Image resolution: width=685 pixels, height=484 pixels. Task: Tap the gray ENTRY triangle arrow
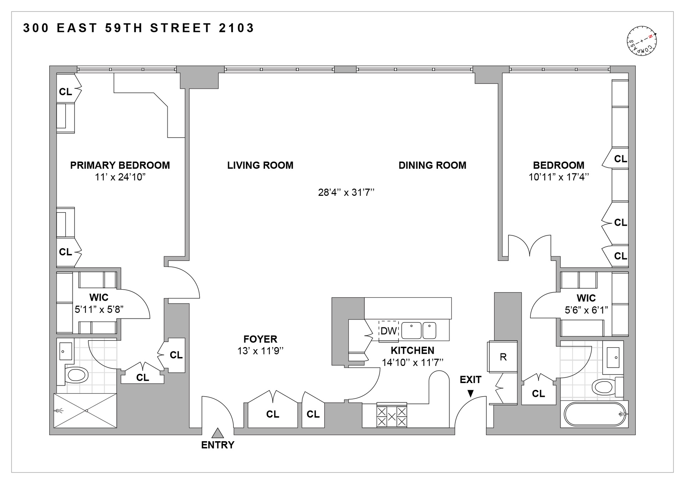coord(218,433)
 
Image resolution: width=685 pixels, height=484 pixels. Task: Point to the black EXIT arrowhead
coord(471,393)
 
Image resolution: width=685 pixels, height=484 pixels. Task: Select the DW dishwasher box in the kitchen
coord(389,331)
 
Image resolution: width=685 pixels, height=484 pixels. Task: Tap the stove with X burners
coord(392,415)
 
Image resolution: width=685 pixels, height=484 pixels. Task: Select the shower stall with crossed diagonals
coord(85,411)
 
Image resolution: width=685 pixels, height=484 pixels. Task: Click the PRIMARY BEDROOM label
coord(120,165)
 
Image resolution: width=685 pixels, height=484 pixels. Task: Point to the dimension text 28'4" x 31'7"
coord(346,193)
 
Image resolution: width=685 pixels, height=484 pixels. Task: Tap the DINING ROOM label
coord(432,165)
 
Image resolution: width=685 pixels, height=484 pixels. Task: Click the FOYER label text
coord(260,339)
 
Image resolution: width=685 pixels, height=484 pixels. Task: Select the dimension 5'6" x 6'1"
coord(586,310)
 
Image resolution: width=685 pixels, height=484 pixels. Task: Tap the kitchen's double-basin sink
coord(418,331)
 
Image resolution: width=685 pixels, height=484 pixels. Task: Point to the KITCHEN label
coord(412,350)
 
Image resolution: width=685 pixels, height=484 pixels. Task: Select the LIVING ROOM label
coord(260,165)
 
